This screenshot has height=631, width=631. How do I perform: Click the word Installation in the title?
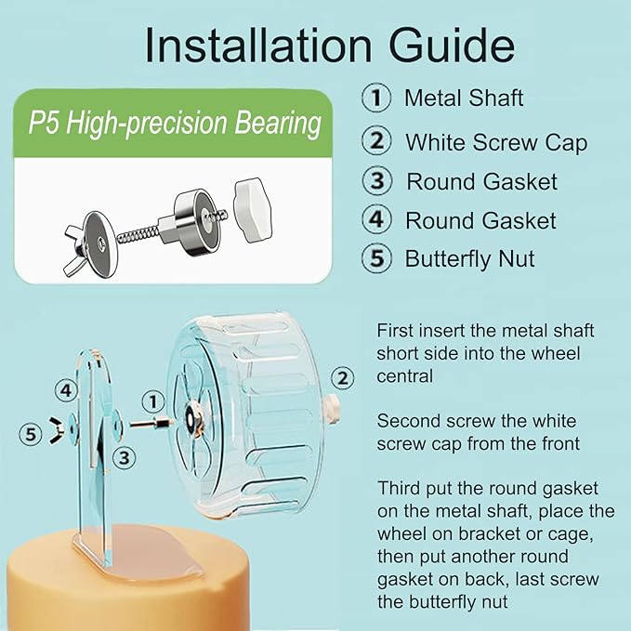tap(258, 45)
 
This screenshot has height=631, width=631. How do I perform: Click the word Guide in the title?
tap(452, 45)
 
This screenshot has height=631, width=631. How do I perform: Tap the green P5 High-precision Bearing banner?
tap(174, 123)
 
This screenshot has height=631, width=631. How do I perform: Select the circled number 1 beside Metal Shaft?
tap(376, 98)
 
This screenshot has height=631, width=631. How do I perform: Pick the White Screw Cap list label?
tap(496, 142)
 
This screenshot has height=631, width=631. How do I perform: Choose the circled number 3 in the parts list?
tap(376, 180)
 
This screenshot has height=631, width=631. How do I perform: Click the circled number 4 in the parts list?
tap(376, 219)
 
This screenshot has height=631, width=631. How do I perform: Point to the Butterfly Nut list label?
tap(469, 258)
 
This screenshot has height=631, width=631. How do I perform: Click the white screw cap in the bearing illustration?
tap(253, 211)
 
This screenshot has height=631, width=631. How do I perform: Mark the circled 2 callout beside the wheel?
tap(342, 378)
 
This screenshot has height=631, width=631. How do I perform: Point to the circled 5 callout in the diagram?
tap(31, 434)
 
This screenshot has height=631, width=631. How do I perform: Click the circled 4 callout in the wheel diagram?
tap(66, 390)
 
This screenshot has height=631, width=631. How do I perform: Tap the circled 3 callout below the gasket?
tap(124, 457)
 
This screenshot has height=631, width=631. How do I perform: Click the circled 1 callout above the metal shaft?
tap(153, 402)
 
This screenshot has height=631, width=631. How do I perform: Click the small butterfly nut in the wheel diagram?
tap(57, 430)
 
